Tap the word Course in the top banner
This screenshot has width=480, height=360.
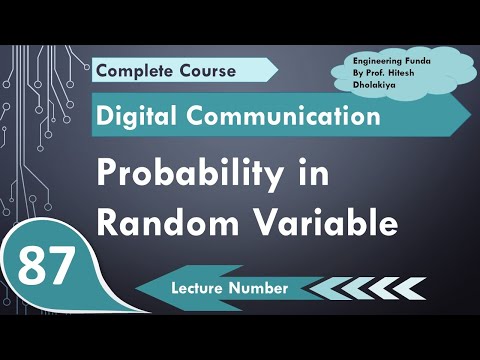point(208,70)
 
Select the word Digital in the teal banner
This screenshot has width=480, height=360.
point(137,117)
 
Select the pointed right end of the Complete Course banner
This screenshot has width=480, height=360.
point(277,69)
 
